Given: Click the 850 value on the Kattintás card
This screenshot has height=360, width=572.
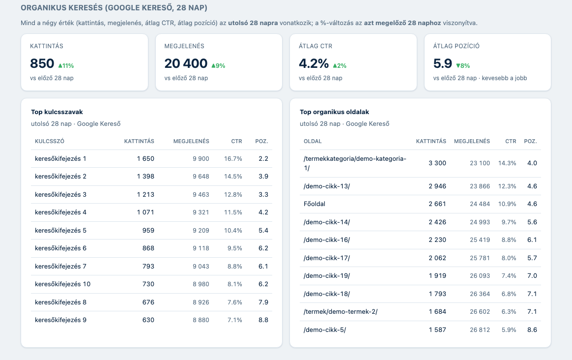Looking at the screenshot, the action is tap(42, 63).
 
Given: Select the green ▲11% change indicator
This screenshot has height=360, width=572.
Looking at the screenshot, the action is tap(66, 66).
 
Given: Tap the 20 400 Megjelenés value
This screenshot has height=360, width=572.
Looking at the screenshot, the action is tap(186, 63).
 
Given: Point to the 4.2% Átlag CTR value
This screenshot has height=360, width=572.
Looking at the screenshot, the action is tap(314, 63).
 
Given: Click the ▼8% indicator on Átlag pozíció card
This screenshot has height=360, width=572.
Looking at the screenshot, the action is tap(463, 66).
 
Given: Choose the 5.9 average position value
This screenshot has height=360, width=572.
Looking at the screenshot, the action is tap(442, 63).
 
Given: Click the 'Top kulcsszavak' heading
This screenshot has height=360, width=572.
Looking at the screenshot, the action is tap(57, 112).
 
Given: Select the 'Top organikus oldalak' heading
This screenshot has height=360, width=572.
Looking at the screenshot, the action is tap(335, 112).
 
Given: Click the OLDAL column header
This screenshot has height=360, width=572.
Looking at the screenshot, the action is tap(313, 141).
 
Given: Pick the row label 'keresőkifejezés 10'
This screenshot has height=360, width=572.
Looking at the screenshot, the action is tap(63, 284).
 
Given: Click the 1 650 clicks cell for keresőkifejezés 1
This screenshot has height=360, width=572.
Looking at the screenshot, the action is tap(145, 159).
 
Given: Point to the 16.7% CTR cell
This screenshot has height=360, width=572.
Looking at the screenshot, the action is tap(233, 159).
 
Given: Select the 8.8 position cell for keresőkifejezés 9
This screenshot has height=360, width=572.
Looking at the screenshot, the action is tap(263, 320).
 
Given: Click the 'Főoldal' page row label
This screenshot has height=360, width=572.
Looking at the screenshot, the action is tap(315, 204).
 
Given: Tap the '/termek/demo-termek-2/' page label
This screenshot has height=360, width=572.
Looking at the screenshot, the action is tap(341, 312).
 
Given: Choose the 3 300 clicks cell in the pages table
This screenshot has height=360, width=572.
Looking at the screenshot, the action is tap(437, 163).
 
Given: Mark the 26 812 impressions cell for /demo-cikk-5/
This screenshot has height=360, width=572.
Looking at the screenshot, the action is tap(480, 330).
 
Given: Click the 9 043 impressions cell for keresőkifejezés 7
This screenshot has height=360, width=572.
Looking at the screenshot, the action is tap(201, 267).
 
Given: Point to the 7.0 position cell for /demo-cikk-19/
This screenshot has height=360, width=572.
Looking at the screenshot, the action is tap(532, 276).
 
